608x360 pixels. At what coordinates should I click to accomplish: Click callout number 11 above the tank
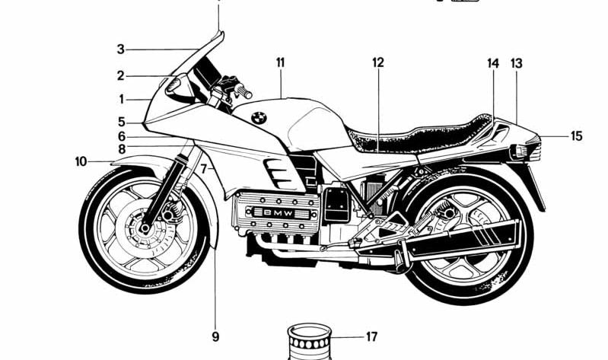tap(280, 62)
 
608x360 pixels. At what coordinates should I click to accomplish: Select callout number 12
tap(378, 62)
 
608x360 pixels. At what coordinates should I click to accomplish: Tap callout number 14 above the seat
tap(493, 64)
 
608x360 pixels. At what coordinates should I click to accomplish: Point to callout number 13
tap(517, 64)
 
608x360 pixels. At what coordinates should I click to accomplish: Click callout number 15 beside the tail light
tap(576, 136)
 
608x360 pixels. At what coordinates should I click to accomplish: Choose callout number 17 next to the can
tap(371, 336)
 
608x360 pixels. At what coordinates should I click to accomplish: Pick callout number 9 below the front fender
tap(215, 336)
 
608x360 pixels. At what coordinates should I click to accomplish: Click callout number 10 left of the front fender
tap(81, 161)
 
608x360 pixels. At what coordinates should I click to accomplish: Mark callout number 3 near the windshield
tap(120, 49)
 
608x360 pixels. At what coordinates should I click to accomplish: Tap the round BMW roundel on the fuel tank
tap(257, 117)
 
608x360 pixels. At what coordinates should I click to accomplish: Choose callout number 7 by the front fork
tap(203, 169)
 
